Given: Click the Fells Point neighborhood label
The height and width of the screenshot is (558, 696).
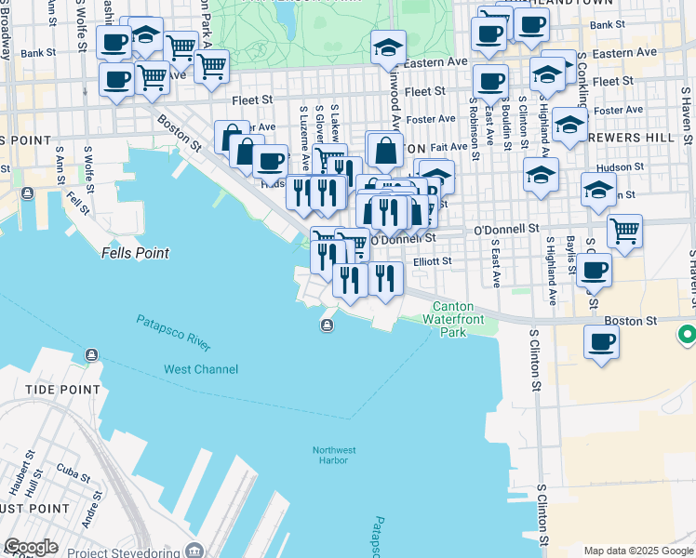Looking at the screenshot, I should (x=136, y=253).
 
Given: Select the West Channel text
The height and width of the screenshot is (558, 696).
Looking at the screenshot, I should (x=201, y=369).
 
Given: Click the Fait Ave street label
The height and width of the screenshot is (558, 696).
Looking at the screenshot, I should (x=449, y=146).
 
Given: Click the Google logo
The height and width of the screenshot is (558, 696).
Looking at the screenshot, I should (x=31, y=547).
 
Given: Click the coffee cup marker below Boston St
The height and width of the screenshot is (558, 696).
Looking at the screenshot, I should (x=602, y=341).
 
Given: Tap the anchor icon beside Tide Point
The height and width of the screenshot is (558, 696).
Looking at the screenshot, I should (x=91, y=355).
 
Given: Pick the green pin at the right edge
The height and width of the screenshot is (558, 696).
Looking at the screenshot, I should (x=687, y=333).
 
